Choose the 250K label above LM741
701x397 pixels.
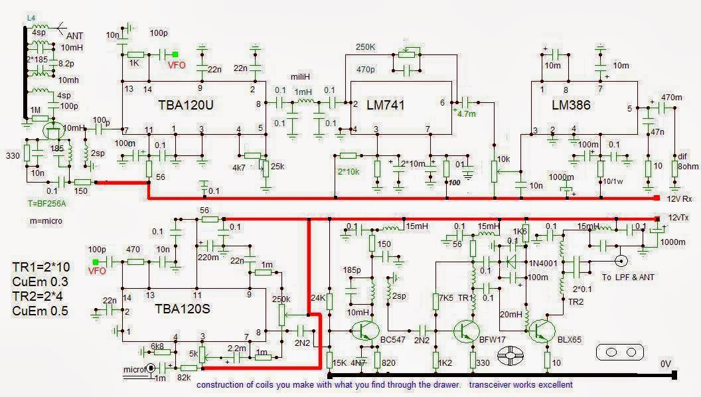tap(365, 48)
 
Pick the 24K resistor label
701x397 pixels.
tap(319, 299)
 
